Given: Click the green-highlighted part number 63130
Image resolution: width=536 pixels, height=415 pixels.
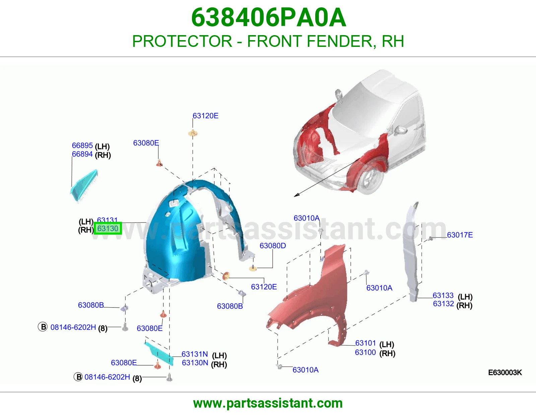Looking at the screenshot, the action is pos(108,229).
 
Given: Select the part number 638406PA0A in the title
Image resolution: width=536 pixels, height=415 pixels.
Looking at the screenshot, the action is pos(269,17).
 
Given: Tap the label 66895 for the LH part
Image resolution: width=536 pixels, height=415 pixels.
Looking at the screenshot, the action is pos(82,145).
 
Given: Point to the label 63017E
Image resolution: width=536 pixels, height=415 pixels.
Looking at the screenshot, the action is pos(460,235).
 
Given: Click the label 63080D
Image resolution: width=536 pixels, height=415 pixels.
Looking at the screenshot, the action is pos(273,245).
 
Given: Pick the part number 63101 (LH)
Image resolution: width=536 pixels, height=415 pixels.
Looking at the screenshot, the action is pos(365,343).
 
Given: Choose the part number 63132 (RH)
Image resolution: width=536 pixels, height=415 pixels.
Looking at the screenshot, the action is pos(443,304).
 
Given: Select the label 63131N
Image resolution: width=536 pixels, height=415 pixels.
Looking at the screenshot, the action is pos(195,354).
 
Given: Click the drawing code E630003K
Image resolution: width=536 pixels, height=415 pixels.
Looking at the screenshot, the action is pos(505,372).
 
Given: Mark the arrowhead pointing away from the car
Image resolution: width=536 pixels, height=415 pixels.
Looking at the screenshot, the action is pos(297,195).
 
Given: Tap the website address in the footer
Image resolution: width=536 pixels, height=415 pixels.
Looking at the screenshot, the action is pos(268,403).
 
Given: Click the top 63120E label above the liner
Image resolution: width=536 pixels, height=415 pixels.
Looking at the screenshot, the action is pos(205,115).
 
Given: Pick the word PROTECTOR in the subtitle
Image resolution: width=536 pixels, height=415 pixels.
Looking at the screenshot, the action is pos(182,41).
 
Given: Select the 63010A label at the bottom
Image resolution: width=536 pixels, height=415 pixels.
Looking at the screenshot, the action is pos(306,370).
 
